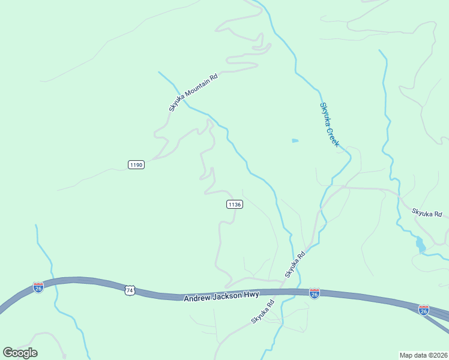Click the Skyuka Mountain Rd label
tap(193, 92)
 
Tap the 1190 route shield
tap(136, 164)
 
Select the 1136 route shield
tap(235, 205)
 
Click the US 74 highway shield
tap(130, 290)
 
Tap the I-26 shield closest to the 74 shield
tap(38, 287)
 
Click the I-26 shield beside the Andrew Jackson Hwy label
tap(314, 293)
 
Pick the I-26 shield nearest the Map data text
tap(424, 310)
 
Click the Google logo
tap(20, 353)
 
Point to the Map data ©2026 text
tap(423, 355)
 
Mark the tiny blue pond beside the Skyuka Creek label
tap(295, 141)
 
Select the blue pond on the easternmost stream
tap(420, 244)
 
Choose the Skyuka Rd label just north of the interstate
tap(295, 263)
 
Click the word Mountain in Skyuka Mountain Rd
tap(196, 89)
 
